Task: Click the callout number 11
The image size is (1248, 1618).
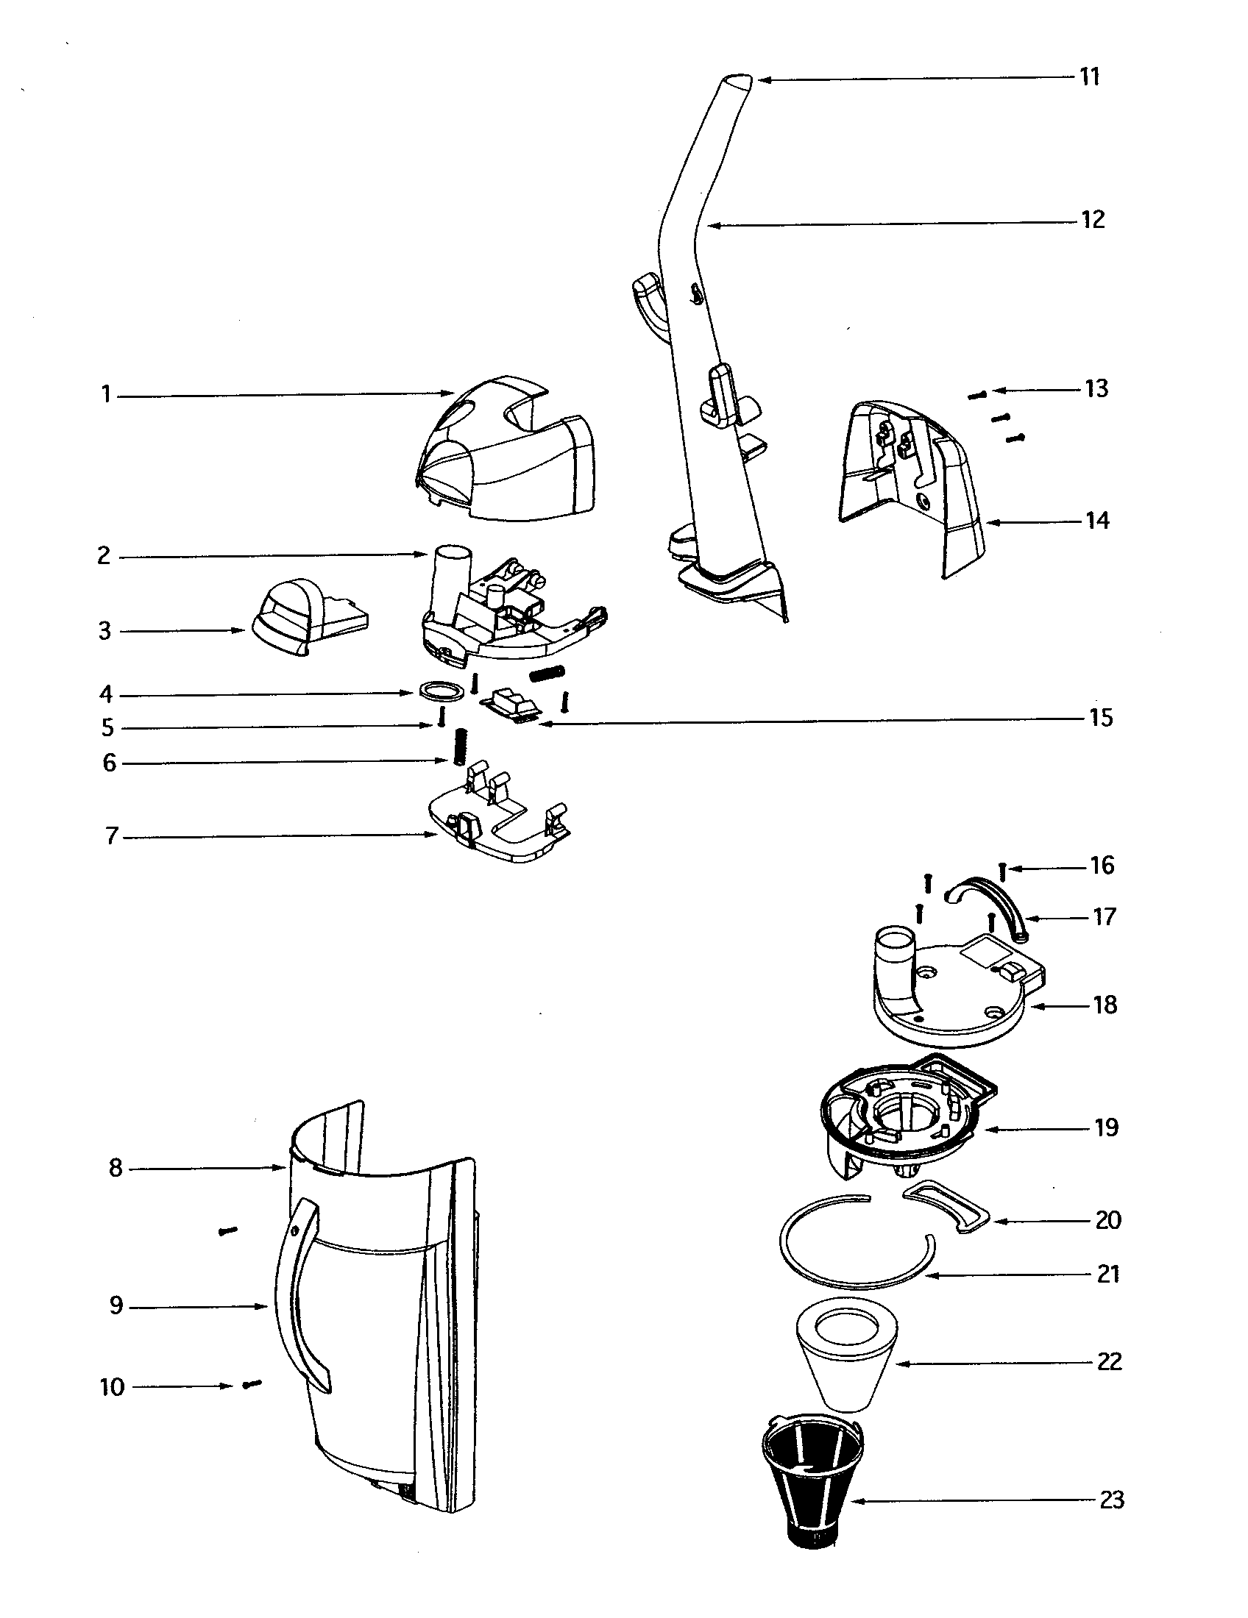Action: click(1088, 77)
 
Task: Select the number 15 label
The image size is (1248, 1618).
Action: click(1101, 718)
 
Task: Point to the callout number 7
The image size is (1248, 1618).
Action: click(111, 836)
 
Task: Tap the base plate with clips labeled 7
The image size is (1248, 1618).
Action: click(504, 830)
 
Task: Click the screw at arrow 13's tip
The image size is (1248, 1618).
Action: click(976, 395)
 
